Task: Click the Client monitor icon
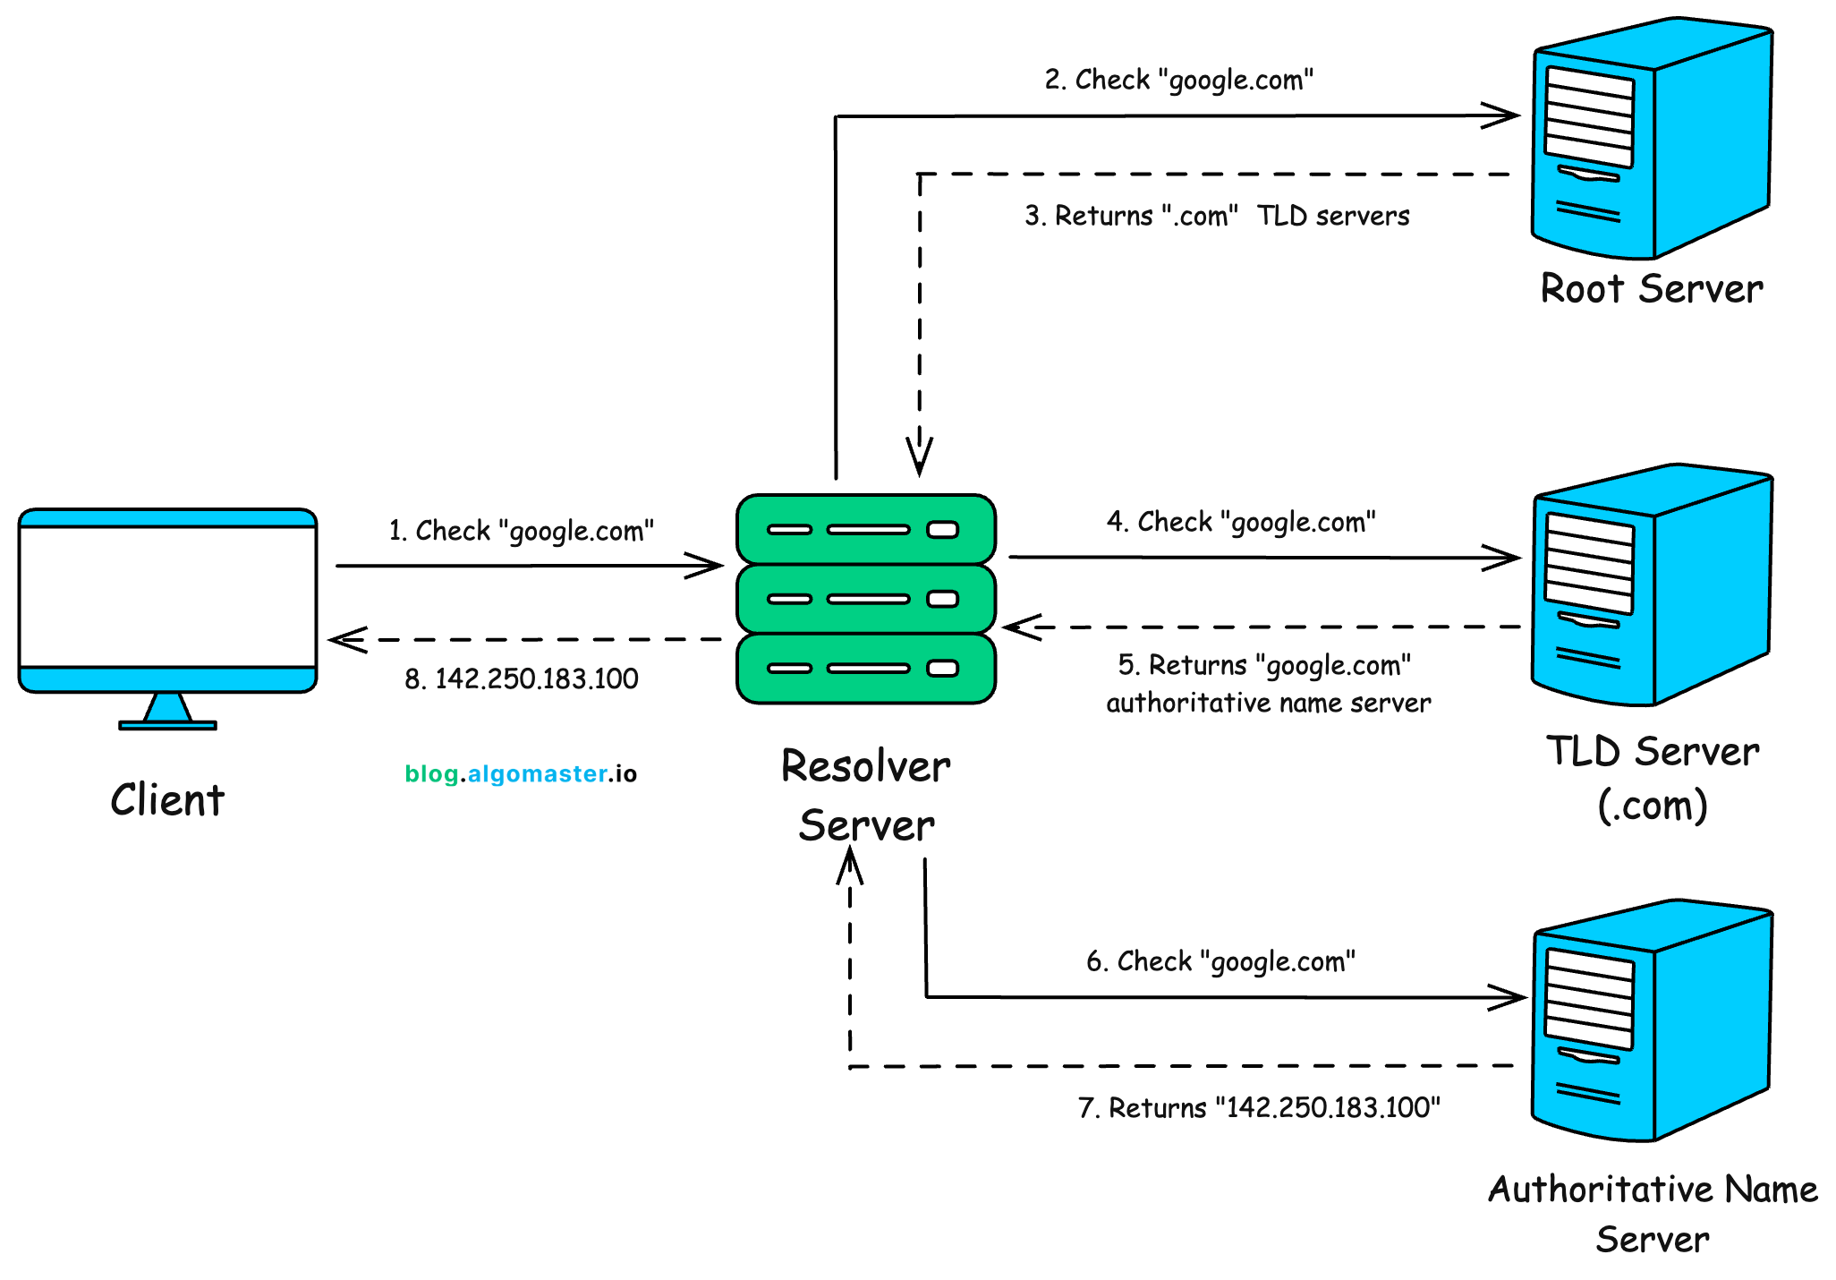167,600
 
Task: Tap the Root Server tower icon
1651,139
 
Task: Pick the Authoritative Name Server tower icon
1651,1020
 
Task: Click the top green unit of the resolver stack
865,529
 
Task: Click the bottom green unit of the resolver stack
865,669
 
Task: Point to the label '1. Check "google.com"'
521,531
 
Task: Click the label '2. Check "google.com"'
1178,80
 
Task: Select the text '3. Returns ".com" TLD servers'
1216,216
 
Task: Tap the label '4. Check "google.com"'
1240,522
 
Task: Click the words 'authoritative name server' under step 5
1268,704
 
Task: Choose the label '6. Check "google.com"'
1220,961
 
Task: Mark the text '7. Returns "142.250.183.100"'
1258,1108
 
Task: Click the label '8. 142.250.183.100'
521,678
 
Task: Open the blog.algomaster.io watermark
521,773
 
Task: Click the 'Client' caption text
167,799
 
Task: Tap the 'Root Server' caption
1651,289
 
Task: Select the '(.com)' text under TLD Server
1652,805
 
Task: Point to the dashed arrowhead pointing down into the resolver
919,457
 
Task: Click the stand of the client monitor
167,711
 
